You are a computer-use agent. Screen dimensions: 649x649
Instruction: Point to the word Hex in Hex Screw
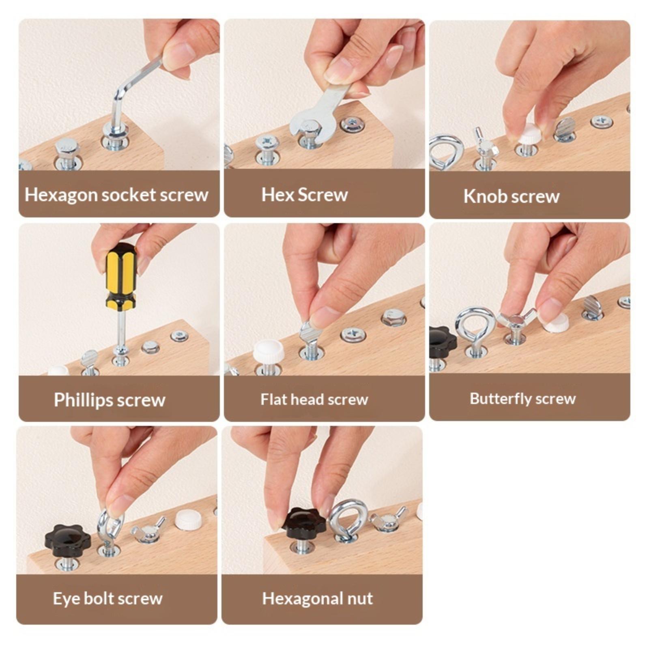277,195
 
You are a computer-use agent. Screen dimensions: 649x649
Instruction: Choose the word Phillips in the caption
83,400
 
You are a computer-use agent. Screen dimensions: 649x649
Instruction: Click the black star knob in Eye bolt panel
68,541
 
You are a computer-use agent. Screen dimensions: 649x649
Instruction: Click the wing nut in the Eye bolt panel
148,530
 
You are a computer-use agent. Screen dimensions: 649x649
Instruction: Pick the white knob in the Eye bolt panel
189,520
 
